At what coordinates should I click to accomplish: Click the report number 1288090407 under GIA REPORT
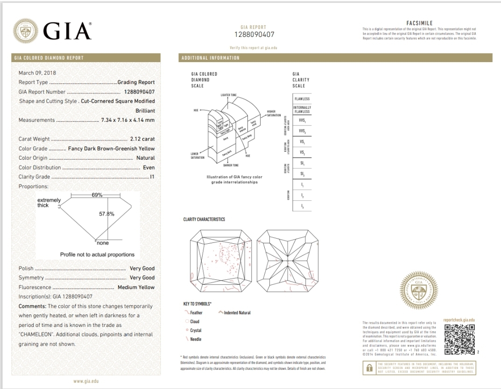[254, 34]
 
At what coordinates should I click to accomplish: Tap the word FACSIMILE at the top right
[419, 23]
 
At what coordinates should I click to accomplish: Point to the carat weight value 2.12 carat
[142, 139]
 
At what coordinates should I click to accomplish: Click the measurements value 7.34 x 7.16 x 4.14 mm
[127, 120]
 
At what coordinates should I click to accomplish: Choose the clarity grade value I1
[152, 177]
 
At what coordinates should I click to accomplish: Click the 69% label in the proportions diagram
[97, 195]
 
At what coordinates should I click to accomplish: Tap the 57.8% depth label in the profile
[106, 213]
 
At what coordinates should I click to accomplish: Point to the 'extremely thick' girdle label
[49, 203]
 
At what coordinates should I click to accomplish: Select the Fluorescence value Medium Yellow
[136, 287]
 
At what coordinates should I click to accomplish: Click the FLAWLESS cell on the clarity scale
[302, 99]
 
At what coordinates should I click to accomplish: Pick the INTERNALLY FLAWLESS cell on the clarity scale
[302, 110]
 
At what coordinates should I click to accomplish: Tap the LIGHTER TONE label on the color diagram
[229, 95]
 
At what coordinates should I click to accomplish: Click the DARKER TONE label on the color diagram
[228, 165]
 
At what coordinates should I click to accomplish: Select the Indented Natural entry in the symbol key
[237, 313]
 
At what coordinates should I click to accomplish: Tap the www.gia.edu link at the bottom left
[86, 381]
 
